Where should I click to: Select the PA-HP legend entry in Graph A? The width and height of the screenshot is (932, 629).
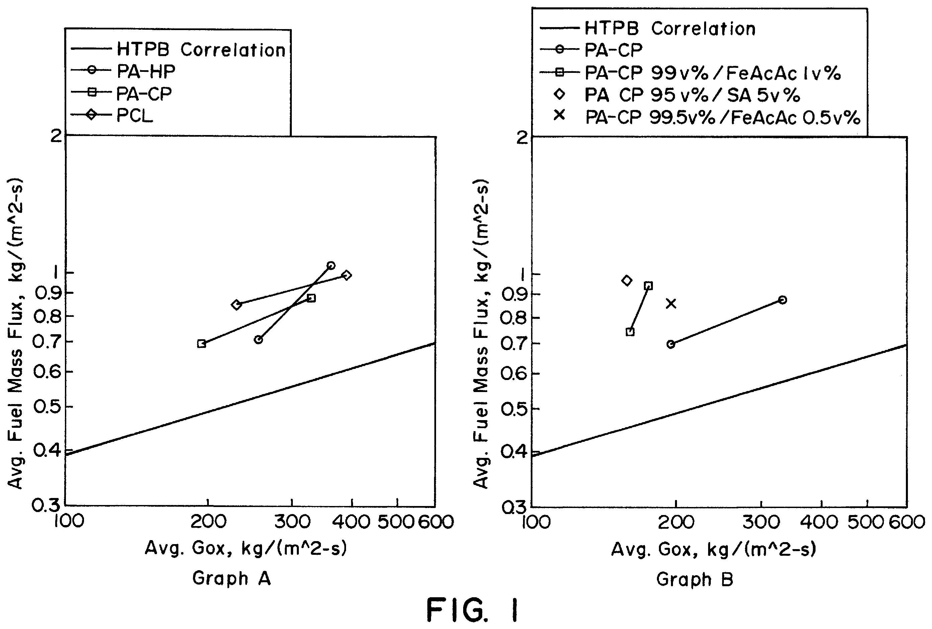(x=123, y=71)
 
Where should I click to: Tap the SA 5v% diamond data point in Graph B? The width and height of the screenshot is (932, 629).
(x=626, y=280)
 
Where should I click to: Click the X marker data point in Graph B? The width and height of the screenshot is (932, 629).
(x=671, y=304)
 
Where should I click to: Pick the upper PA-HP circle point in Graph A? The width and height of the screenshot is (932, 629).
(x=331, y=265)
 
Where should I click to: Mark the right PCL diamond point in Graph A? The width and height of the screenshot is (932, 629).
(x=347, y=275)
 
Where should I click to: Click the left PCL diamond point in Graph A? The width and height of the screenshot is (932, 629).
(x=236, y=305)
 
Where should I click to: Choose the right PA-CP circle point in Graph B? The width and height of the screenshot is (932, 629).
(x=782, y=300)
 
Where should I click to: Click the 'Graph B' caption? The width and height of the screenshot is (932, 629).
(x=695, y=579)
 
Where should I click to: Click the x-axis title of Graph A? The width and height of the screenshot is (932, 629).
(x=245, y=548)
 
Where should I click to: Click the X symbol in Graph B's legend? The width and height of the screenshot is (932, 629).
(x=560, y=116)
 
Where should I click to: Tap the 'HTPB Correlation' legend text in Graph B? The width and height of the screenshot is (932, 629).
(x=670, y=28)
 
